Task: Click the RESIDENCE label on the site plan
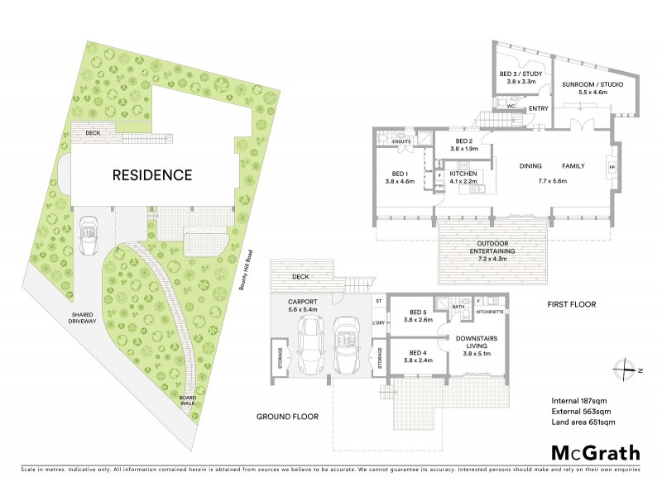152,175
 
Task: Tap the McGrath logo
595,452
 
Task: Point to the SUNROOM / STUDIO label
587,88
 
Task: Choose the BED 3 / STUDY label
520,78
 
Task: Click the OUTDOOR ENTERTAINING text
493,246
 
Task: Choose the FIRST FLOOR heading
571,304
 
